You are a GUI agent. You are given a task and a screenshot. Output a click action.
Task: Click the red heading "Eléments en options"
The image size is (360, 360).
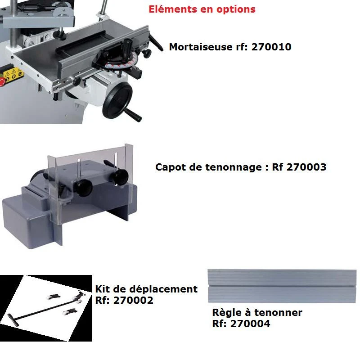tap(202, 9)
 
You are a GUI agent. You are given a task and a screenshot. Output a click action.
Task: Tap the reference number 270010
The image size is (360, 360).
tap(271, 47)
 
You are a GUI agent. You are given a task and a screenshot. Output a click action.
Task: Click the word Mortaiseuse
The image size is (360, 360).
tap(201, 47)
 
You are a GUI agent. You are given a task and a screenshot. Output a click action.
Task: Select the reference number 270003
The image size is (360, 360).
tap(306, 167)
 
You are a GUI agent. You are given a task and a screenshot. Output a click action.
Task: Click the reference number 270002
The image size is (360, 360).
tap(133, 300)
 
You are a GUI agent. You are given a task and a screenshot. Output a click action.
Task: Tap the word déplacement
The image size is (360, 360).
tap(163, 289)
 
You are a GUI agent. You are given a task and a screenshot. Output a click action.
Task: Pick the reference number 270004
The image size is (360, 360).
tap(250, 324)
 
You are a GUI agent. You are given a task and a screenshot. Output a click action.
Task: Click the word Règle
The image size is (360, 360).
tap(227, 313)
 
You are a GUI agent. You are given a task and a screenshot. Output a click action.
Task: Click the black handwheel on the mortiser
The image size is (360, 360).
tap(117, 100)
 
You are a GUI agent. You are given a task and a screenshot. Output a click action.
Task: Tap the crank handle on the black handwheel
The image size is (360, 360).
tap(133, 115)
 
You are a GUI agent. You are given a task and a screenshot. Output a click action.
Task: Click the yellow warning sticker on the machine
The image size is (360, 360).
tap(13, 74)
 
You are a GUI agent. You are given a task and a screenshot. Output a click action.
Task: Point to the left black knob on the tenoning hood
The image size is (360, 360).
tap(84, 187)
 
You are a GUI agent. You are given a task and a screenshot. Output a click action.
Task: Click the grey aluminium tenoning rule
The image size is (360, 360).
tap(282, 286)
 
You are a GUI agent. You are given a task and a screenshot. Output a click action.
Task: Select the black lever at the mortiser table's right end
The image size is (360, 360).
tap(156, 43)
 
